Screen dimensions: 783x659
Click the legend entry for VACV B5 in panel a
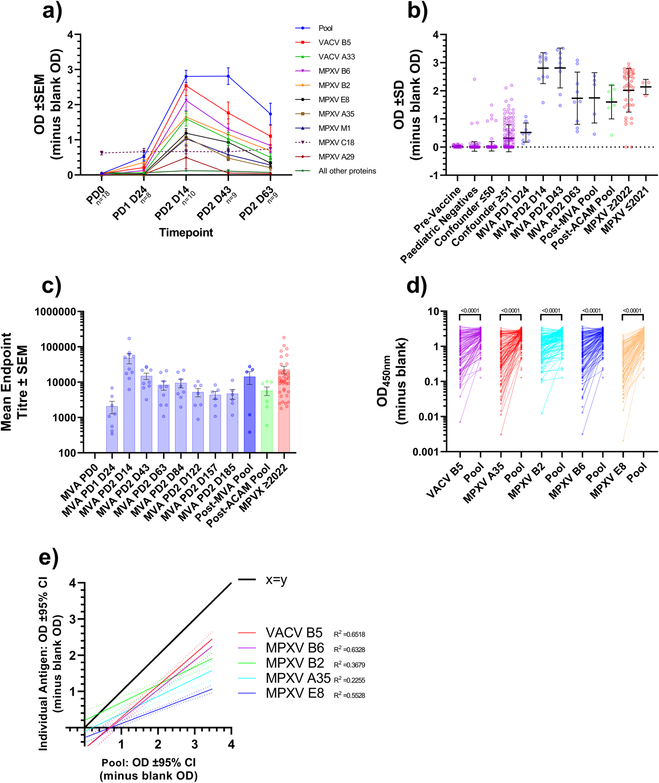coord(334,43)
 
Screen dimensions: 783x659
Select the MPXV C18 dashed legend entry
coord(336,143)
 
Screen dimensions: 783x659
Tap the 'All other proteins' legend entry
coord(347,171)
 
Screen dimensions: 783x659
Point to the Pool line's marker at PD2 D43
coord(228,76)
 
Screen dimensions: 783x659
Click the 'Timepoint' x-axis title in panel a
coord(186,233)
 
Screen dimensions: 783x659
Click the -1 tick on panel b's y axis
coord(435,175)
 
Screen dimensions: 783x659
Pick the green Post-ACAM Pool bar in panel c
coord(267,422)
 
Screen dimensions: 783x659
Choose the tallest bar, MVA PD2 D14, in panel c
coord(129,404)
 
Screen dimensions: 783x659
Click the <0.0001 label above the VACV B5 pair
coord(470,311)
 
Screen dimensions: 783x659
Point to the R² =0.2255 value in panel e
coord(350,680)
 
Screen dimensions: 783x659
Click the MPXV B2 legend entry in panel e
coord(295,663)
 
